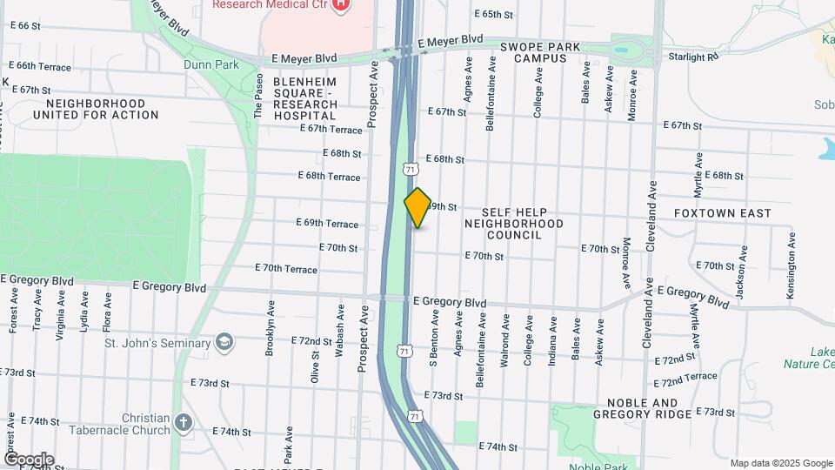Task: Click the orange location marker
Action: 417,208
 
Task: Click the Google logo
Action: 29,460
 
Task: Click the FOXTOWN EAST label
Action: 723,212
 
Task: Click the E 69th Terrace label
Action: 327,223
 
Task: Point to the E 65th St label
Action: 494,15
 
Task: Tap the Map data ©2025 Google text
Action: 780,463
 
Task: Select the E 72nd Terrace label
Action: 685,376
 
